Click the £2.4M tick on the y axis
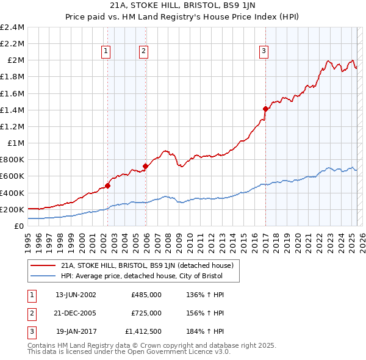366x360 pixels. (12, 27)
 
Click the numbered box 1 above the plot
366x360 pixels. (107, 52)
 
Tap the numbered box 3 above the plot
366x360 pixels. (264, 52)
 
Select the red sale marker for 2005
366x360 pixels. (145, 166)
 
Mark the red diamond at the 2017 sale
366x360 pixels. (265, 109)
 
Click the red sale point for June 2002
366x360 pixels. (107, 185)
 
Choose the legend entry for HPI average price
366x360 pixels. (142, 276)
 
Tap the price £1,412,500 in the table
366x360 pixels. (144, 331)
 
